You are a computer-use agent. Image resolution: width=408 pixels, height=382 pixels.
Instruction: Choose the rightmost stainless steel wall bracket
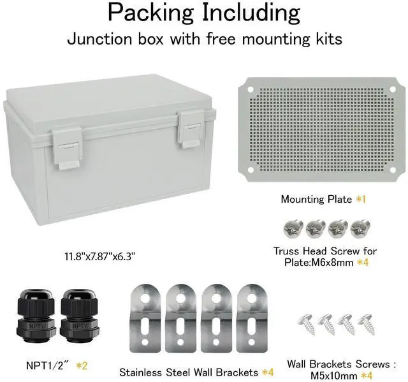coord(252,322)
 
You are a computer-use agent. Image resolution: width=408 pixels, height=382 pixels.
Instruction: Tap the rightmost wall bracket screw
coord(365,323)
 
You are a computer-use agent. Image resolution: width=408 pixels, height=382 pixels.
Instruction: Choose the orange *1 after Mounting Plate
coord(360,200)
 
